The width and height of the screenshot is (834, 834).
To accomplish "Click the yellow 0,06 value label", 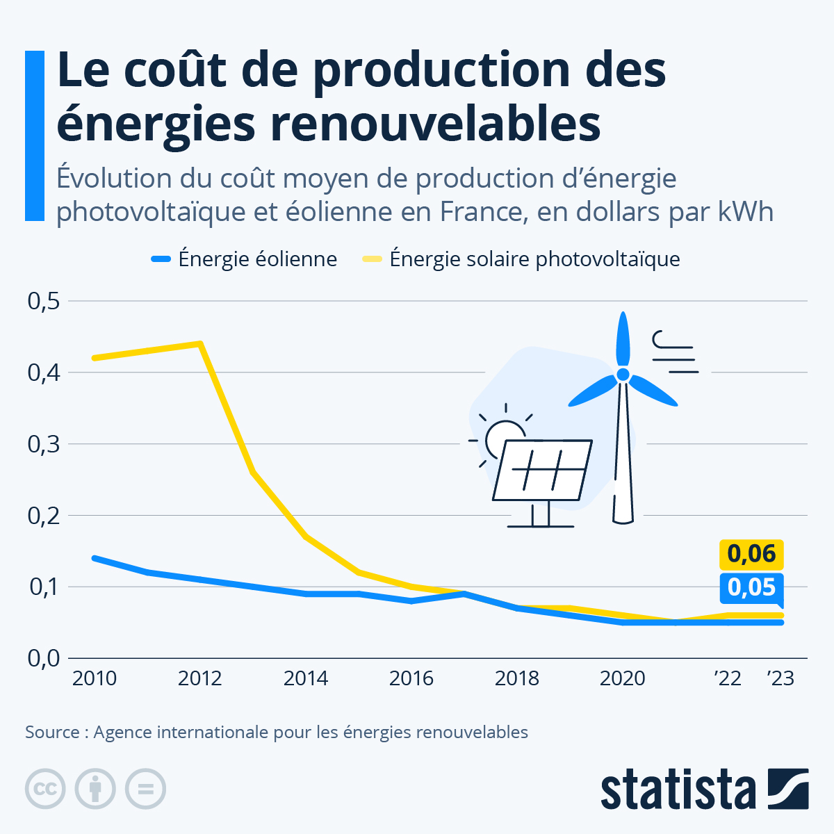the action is point(751,554).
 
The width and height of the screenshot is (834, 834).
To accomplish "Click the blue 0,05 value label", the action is point(751,588).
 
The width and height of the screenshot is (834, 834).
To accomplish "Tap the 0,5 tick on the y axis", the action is point(44,301).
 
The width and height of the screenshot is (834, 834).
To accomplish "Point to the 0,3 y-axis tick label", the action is point(44,444).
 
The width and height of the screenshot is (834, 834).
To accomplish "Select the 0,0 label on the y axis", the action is point(44,658).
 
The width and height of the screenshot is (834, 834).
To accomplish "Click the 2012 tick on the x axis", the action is point(199,678).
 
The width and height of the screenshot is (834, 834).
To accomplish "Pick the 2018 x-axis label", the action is point(516,678).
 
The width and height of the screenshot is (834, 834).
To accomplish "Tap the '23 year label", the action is point(780,678).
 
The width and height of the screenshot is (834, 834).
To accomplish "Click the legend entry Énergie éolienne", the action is point(244,259).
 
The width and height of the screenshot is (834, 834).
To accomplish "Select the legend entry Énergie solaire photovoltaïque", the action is point(521,259).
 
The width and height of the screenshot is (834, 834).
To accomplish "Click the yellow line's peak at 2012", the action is point(200,344).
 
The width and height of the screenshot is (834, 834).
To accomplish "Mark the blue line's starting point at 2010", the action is point(95,558).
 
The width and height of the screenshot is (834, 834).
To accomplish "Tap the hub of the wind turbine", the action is point(623,375).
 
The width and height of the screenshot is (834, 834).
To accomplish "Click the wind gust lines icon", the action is point(675,352).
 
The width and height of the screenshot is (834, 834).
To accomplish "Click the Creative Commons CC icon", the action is point(45,789).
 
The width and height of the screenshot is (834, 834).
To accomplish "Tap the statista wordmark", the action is point(678,789).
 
